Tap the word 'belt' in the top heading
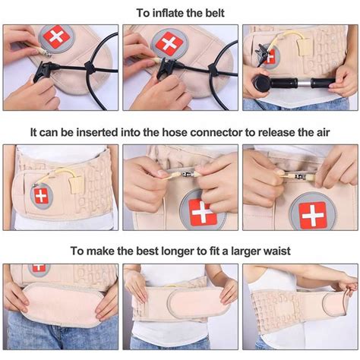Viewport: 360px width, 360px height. [x=215, y=13]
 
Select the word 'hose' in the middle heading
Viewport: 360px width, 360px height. [x=175, y=132]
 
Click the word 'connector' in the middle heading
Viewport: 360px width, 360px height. [x=216, y=132]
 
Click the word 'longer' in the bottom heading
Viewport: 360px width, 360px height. [x=178, y=251]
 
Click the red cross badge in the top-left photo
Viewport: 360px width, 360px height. [x=56, y=37]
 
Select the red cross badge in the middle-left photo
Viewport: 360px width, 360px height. [x=41, y=196]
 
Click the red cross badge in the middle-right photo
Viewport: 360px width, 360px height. [x=313, y=215]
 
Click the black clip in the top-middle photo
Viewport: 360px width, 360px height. [x=166, y=68]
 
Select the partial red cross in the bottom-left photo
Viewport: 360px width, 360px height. [x=39, y=267]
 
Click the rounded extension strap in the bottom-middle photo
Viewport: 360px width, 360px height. [x=197, y=302]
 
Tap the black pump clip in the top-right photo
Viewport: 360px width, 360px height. [x=264, y=52]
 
